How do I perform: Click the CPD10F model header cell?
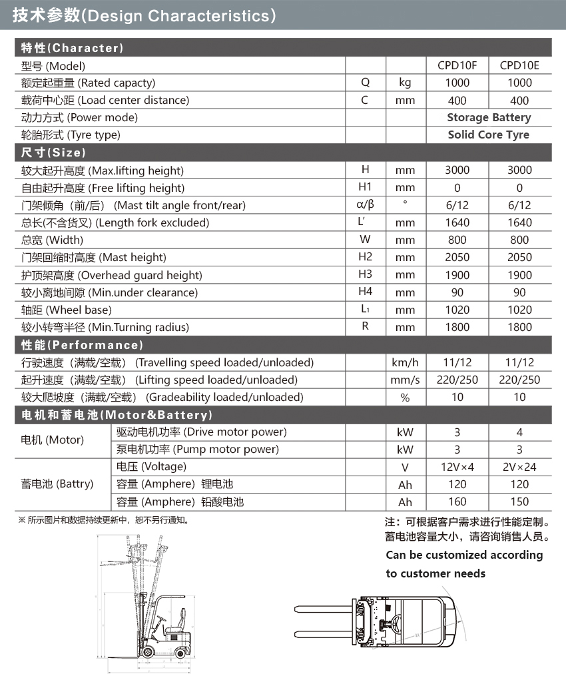(x=457, y=65)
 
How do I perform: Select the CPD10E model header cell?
(x=519, y=65)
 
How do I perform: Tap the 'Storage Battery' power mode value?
(x=489, y=117)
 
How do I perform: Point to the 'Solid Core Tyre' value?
(x=489, y=135)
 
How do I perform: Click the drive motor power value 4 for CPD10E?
(x=519, y=432)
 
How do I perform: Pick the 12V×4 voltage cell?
(x=457, y=467)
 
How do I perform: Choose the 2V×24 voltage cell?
(x=519, y=467)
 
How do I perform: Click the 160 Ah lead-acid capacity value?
(x=457, y=502)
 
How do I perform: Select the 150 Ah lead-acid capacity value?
(x=519, y=502)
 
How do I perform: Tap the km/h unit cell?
(x=405, y=363)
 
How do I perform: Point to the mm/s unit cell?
(x=405, y=380)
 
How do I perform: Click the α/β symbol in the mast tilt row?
(x=365, y=204)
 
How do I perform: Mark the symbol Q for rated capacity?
(x=365, y=83)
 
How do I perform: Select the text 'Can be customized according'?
(x=464, y=555)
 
